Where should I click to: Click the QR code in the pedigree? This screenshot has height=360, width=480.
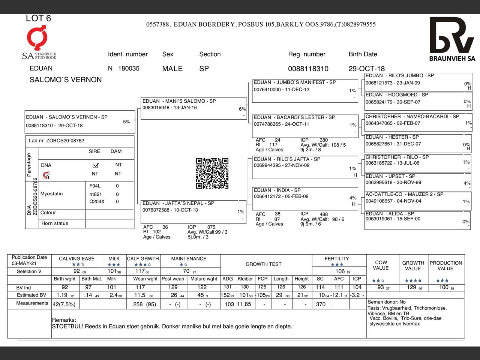click(x=212, y=173)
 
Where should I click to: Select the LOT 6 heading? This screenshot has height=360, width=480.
click(x=38, y=18)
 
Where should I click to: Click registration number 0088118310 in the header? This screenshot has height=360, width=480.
click(x=308, y=69)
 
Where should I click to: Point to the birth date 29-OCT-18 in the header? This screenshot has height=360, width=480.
click(x=366, y=69)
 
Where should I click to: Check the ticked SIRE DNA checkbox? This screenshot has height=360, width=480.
click(x=95, y=165)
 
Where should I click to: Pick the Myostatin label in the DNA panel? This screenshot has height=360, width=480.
click(x=52, y=194)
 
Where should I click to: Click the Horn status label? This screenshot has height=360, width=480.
click(x=55, y=223)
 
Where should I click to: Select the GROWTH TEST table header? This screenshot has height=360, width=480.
click(x=263, y=264)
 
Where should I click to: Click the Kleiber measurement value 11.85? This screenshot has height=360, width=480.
click(x=244, y=304)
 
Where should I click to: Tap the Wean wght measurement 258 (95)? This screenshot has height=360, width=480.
click(x=144, y=304)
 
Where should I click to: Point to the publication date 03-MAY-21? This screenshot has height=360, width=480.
click(x=24, y=263)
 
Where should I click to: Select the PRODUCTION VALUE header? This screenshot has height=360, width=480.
click(x=445, y=265)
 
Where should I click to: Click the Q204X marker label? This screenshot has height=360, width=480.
click(x=97, y=202)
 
